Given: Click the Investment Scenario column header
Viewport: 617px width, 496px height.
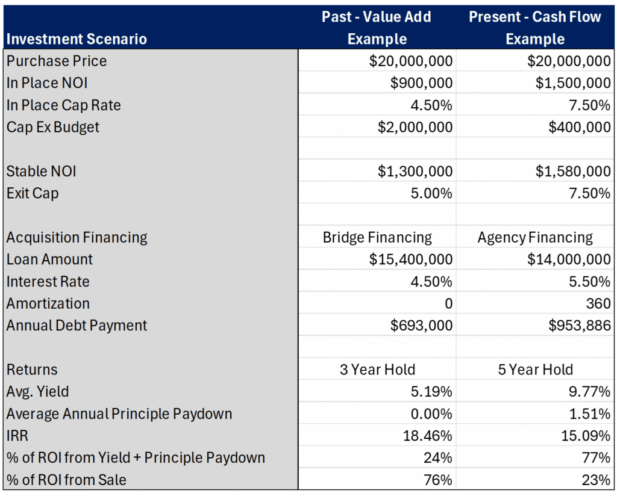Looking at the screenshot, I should [77, 39].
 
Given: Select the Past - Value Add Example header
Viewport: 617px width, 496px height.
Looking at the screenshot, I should [377, 28].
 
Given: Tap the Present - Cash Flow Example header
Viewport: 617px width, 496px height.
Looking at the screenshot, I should [535, 28].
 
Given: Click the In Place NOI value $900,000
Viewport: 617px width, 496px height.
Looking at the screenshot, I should [421, 83].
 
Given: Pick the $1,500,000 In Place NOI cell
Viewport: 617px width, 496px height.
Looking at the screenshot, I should [572, 83].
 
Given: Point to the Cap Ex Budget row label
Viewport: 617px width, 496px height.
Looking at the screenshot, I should [53, 127].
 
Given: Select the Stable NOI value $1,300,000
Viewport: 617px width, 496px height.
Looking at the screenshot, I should [415, 172].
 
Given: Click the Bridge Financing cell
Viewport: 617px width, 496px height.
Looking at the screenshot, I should [377, 238].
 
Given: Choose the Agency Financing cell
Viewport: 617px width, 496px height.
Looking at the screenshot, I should [535, 238].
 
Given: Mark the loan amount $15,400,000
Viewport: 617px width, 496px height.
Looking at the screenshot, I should [411, 259].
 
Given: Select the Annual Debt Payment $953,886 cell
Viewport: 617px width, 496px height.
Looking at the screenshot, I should [579, 326].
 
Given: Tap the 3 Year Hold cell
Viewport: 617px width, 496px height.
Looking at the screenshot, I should [377, 370].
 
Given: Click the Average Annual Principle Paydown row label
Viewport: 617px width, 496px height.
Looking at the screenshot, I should [119, 414].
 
